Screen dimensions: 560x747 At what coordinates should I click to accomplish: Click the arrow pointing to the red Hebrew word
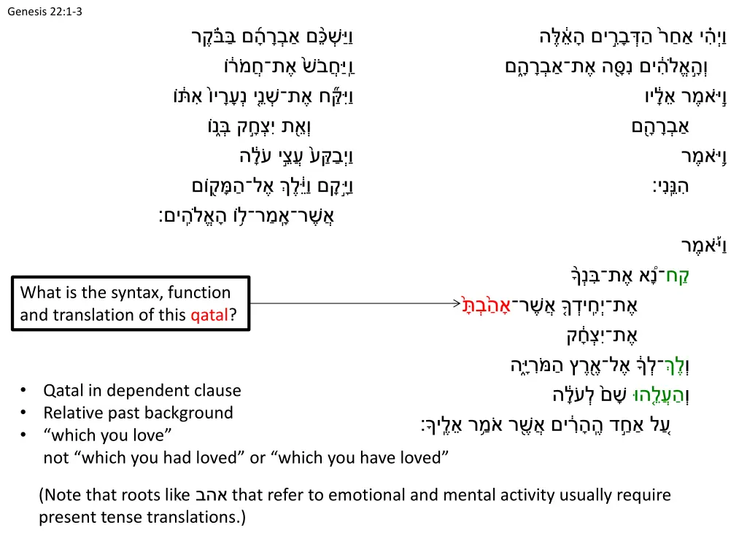[350, 304]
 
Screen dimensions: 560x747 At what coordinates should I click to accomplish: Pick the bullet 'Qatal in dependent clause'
[142, 391]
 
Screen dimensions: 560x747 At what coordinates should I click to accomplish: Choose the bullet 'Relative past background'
[138, 413]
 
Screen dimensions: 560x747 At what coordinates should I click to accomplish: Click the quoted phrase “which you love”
[107, 435]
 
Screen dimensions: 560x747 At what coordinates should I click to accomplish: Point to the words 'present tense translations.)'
[142, 518]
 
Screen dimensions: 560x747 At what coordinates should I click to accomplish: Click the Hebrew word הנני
[673, 186]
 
